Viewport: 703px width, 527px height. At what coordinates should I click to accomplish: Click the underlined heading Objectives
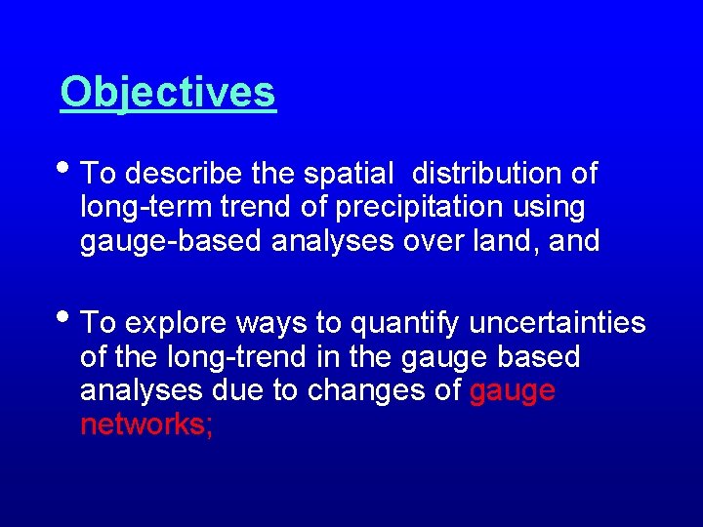tap(168, 93)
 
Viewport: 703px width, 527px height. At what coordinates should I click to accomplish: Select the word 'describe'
tap(185, 174)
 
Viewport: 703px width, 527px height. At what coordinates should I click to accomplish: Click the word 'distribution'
tap(479, 174)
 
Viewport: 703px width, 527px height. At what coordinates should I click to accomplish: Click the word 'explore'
tap(177, 322)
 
